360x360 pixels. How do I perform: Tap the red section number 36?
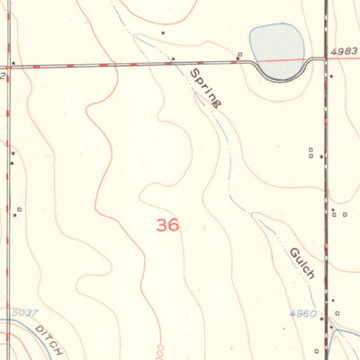coord(167,225)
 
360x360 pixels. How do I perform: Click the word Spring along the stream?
coord(205,87)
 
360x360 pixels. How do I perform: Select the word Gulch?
coord(302,261)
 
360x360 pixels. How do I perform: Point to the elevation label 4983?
coord(344,51)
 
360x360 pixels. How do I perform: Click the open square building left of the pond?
coord(239,57)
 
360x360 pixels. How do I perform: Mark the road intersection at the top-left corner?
coord(7,66)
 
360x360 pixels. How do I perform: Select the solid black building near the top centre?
coord(163,33)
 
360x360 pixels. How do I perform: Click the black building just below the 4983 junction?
coord(331,76)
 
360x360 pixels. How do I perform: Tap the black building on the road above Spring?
coord(174,60)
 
